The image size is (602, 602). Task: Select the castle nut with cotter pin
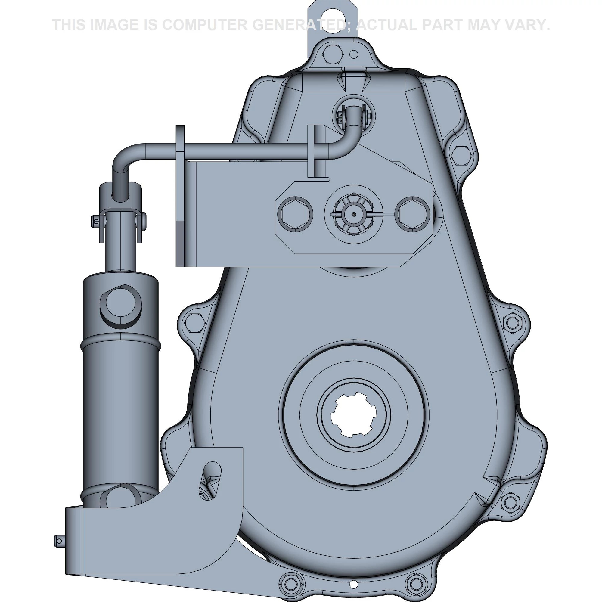pyautogui.click(x=353, y=215)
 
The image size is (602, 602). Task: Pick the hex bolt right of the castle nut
pyautogui.click(x=412, y=214)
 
